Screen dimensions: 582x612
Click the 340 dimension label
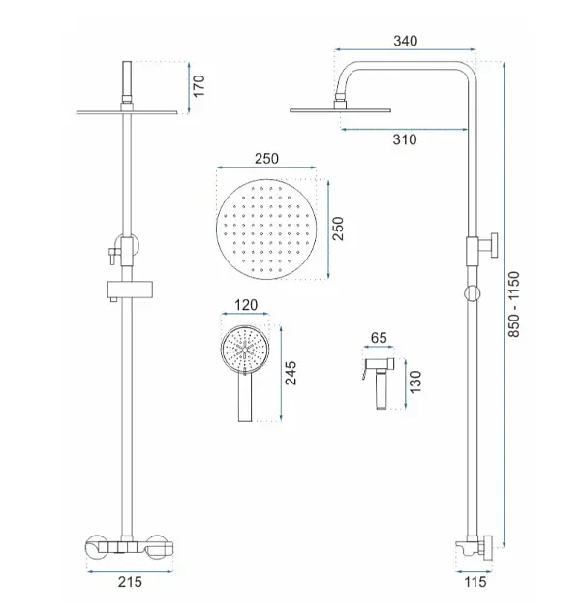click(x=405, y=41)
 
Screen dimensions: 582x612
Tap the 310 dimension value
click(x=405, y=139)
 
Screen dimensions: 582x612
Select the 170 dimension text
click(x=199, y=86)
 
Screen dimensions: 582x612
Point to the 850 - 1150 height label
click(x=514, y=304)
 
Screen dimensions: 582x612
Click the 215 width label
click(x=130, y=582)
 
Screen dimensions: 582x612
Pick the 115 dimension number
click(x=475, y=582)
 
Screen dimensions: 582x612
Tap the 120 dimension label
click(x=246, y=305)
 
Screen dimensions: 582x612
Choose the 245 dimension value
click(x=291, y=373)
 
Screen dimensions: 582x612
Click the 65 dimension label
click(x=379, y=338)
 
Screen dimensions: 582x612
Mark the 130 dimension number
click(x=416, y=382)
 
